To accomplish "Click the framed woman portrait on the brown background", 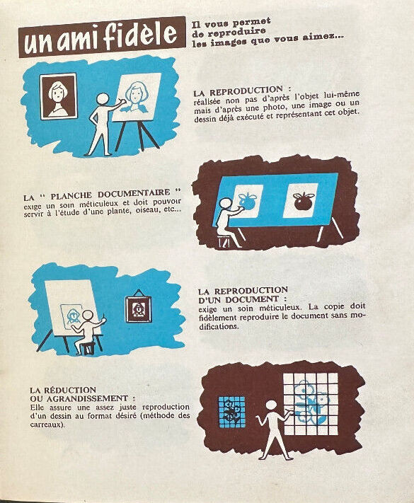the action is pyautogui.click(x=59, y=96).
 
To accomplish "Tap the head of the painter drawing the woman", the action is pyautogui.click(x=103, y=99).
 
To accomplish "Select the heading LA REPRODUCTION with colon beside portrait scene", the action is pyautogui.click(x=243, y=91).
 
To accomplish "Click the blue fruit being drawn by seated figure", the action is pyautogui.click(x=248, y=201).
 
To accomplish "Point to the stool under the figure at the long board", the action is pyautogui.click(x=224, y=242).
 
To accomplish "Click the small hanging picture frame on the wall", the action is pyautogui.click(x=138, y=306).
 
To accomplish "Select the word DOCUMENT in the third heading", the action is pyautogui.click(x=255, y=300).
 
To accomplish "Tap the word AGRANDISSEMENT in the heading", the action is pyautogui.click(x=88, y=398).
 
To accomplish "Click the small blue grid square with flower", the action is pyautogui.click(x=232, y=412).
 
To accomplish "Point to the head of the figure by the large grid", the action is pyautogui.click(x=272, y=406).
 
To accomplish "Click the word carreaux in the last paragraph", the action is pyautogui.click(x=45, y=424).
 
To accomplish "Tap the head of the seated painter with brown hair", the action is pyautogui.click(x=88, y=315).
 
